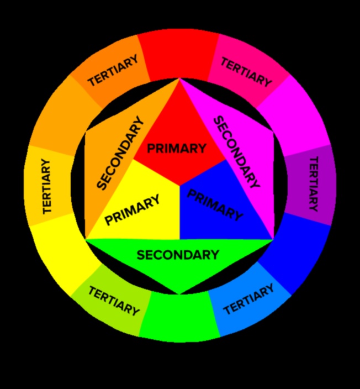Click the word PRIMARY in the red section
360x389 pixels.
pos(177,149)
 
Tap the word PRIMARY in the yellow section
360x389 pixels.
pos(133,210)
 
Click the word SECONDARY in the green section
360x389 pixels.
pos(178,255)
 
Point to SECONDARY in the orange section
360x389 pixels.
pos(120,153)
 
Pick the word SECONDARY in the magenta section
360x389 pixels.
pos(236,152)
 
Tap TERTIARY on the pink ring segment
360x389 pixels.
pos(246,72)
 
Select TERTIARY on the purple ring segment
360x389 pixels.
pos(313,184)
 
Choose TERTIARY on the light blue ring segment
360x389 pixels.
pos(248,299)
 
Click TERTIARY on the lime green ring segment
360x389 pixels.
pos(114,301)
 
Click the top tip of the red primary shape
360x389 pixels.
pos(179,80)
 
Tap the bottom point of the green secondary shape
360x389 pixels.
pos(179,293)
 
